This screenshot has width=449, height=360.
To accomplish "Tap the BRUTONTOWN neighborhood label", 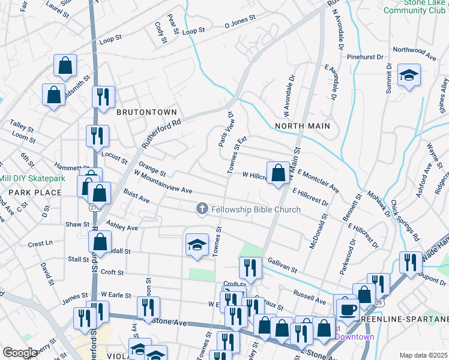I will [x=146, y=112].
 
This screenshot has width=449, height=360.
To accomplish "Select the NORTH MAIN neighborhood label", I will [x=303, y=125].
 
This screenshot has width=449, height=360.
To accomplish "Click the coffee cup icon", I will [x=347, y=310].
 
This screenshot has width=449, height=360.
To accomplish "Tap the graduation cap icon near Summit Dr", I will [x=409, y=75].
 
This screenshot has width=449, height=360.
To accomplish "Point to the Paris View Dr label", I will [x=225, y=129].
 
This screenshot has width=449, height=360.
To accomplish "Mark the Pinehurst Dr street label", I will [x=365, y=57].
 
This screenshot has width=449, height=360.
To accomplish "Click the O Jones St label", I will [x=240, y=24].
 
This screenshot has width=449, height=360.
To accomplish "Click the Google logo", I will [x=20, y=353].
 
